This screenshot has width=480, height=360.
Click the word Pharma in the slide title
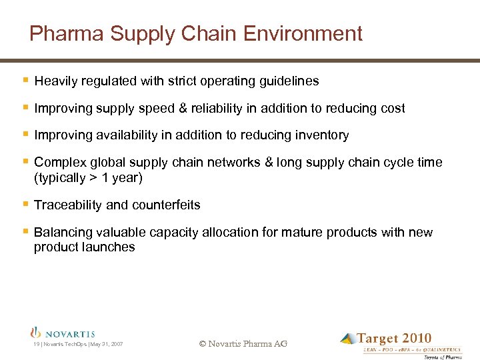click(61, 33)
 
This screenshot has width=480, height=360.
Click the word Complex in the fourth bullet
click(59, 163)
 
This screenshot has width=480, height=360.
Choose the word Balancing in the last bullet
click(65, 233)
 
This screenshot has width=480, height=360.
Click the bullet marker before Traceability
click(25, 205)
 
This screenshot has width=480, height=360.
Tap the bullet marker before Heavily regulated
click(25, 81)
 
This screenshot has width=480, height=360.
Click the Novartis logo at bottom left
click(63, 333)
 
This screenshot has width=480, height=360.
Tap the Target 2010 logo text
click(394, 339)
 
